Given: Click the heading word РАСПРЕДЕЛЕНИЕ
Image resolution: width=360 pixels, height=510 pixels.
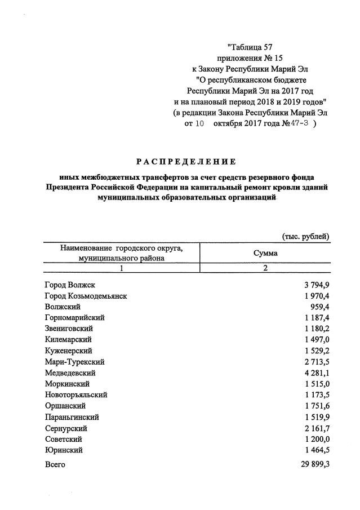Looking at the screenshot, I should tap(186, 162).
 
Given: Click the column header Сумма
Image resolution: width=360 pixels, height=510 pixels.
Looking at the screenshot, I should tap(265, 253).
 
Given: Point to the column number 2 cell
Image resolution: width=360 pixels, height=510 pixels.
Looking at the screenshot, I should tap(265, 268).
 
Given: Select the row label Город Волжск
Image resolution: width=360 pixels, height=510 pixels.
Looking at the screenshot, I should tap(70, 285).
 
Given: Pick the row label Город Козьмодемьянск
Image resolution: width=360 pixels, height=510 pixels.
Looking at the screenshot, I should tap(86, 296).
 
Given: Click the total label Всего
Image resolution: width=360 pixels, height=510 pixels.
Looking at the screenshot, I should tap(55, 464).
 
